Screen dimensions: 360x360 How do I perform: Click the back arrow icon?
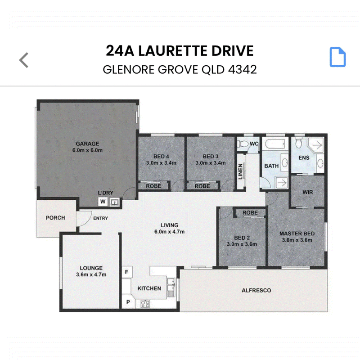coord(24,60)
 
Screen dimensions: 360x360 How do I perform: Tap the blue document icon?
coord(337,57)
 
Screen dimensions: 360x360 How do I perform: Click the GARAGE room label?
coord(87,144)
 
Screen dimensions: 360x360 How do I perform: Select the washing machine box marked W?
coord(103,202)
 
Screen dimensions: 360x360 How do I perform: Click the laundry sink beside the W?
coord(114,202)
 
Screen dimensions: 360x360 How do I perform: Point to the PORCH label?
coord(55,218)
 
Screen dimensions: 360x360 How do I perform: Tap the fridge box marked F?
coord(127,272)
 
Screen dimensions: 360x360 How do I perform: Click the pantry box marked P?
coord(128,302)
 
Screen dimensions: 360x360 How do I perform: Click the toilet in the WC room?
coord(243,144)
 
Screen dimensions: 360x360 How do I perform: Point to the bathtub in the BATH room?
coord(275,144)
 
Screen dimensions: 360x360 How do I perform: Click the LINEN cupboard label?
coord(240,171)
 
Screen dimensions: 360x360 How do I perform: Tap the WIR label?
coord(308,192)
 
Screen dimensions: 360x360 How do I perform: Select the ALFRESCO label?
coord(256,290)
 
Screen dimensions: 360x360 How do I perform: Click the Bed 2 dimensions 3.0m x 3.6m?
coord(242,244)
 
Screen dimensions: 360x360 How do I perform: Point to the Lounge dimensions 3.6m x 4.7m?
coord(91,274)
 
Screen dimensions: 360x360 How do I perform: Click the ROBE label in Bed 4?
coord(153,186)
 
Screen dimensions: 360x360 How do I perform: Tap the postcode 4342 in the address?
coord(242,69)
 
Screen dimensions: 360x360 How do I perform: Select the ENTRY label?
coord(100,218)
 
